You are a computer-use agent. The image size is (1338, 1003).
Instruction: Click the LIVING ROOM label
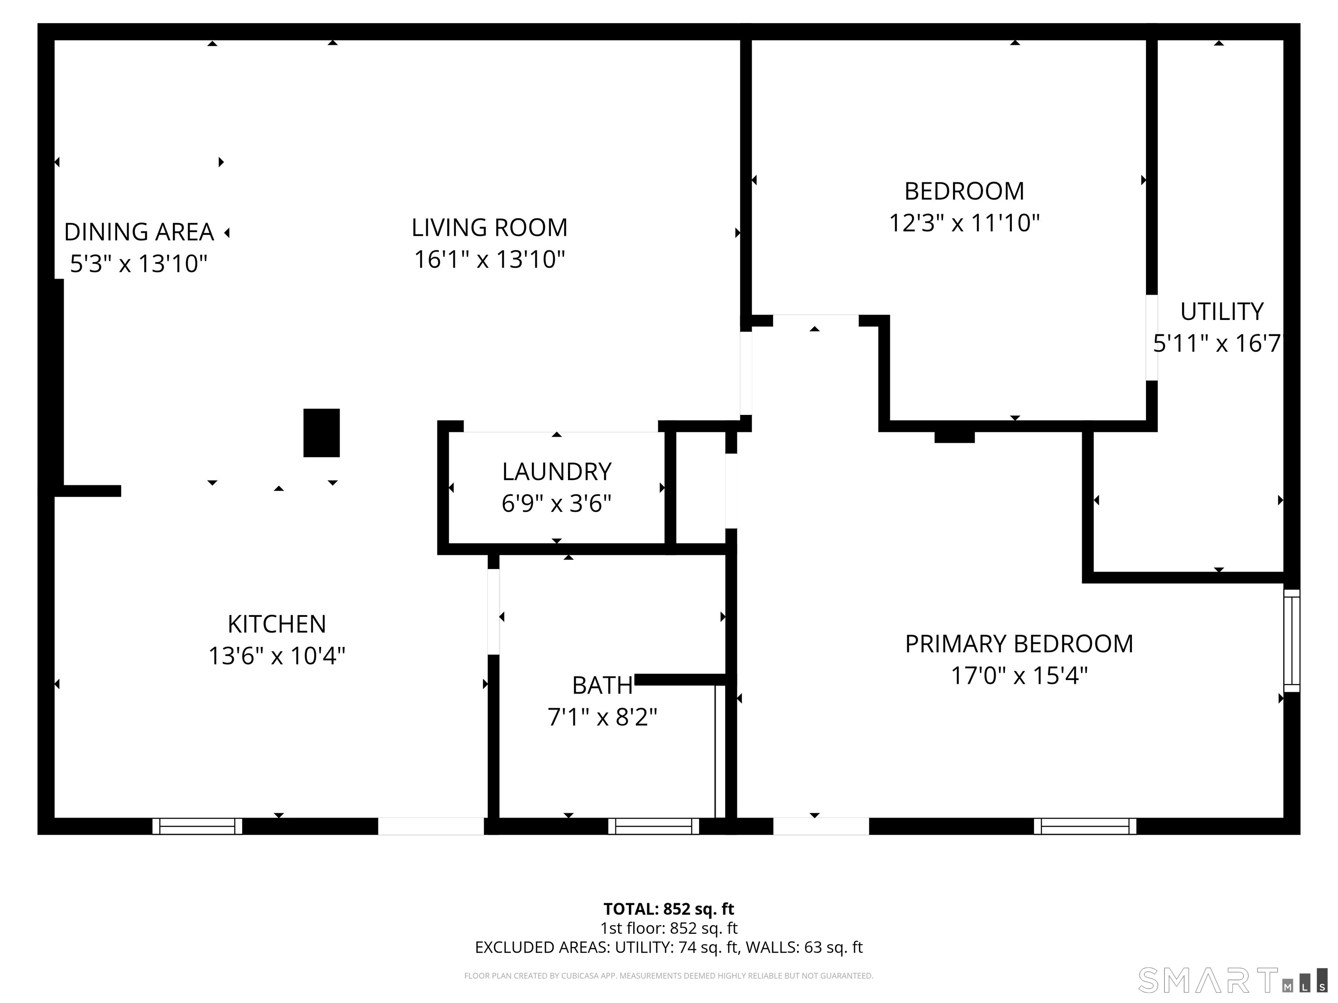pyautogui.click(x=490, y=228)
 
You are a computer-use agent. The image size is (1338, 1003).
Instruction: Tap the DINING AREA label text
pyautogui.click(x=139, y=232)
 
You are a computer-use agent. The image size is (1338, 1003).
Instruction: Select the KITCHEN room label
pyautogui.click(x=277, y=624)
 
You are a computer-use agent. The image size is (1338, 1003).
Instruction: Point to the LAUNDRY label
pyautogui.click(x=557, y=471)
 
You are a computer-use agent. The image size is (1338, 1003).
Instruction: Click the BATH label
pyautogui.click(x=602, y=686)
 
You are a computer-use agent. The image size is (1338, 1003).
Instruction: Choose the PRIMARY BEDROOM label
pyautogui.click(x=1019, y=644)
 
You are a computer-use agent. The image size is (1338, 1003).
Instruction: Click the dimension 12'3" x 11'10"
pyautogui.click(x=964, y=223)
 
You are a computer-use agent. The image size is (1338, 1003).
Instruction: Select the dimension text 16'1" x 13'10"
pyautogui.click(x=490, y=260)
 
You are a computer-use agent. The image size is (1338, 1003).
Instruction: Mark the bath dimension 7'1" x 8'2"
pyautogui.click(x=602, y=717)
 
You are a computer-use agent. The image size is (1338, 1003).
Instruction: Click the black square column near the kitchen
pyautogui.click(x=321, y=433)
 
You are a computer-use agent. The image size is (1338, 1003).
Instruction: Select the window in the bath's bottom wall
pyautogui.click(x=654, y=826)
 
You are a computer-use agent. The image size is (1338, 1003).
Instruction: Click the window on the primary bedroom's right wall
pyautogui.click(x=1291, y=641)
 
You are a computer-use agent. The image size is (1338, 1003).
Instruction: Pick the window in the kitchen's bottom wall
pyautogui.click(x=197, y=826)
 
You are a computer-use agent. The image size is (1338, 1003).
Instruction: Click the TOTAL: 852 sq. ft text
pyautogui.click(x=669, y=909)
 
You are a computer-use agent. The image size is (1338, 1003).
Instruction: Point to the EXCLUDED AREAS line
pyautogui.click(x=669, y=947)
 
